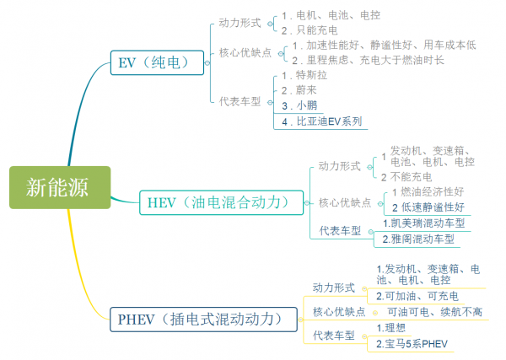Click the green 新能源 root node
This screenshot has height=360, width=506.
click(x=56, y=185)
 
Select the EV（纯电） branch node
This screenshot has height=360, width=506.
click(x=159, y=62)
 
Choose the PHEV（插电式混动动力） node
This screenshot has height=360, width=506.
click(x=206, y=320)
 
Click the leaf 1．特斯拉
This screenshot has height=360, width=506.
click(x=304, y=77)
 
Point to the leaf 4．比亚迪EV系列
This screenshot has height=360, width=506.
click(x=322, y=121)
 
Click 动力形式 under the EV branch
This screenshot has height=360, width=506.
click(x=239, y=24)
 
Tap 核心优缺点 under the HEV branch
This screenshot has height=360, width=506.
click(x=346, y=202)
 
